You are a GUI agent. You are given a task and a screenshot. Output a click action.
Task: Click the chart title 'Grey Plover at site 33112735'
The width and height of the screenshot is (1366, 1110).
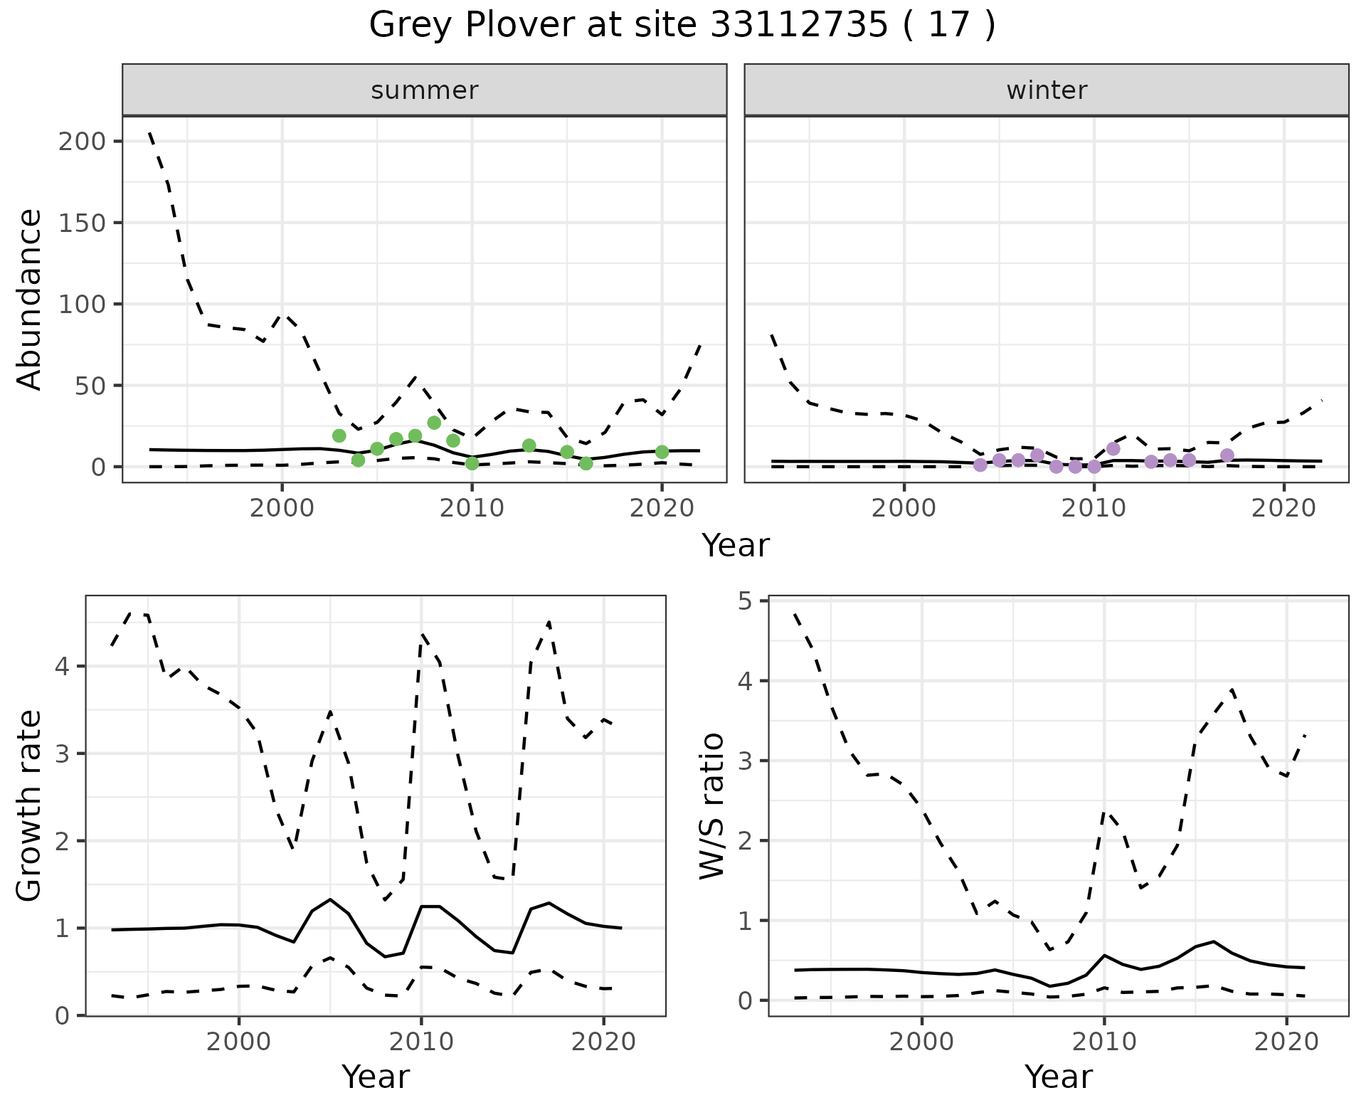pos(682,26)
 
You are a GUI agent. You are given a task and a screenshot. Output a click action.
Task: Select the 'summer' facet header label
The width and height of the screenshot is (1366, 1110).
pos(425,90)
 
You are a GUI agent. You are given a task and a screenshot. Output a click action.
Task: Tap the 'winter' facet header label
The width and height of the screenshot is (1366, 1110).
pos(1047,90)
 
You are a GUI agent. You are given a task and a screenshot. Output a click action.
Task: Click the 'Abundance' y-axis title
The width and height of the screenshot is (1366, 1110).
pos(30,300)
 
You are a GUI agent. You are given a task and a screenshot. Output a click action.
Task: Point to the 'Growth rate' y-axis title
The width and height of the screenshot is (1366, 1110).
pos(30,806)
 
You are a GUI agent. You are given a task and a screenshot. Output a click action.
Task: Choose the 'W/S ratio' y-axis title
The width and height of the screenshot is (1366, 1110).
pos(712,806)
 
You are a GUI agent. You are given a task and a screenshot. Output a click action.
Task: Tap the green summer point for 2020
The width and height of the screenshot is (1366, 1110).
pos(662,452)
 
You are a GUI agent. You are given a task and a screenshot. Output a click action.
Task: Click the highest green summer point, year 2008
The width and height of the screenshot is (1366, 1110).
pos(434,423)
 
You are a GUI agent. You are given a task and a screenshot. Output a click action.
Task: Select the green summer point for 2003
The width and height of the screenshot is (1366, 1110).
pos(339,435)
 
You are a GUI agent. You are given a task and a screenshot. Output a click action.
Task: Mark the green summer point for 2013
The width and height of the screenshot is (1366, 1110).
pos(529,445)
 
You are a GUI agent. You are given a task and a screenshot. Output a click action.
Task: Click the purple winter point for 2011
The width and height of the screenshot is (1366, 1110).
pos(1113,448)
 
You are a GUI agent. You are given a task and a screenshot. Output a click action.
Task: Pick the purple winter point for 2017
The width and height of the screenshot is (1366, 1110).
pos(1227,455)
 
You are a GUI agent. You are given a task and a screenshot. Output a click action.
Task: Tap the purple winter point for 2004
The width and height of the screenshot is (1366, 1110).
pos(980,465)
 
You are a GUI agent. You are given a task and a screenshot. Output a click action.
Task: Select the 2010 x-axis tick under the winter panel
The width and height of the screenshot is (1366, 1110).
pos(1094,508)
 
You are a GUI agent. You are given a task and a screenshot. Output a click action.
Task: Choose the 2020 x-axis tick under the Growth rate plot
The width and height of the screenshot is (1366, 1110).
pos(603,1042)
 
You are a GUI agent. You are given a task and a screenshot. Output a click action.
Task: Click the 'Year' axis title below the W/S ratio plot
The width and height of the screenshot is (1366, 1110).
pos(1058,1077)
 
